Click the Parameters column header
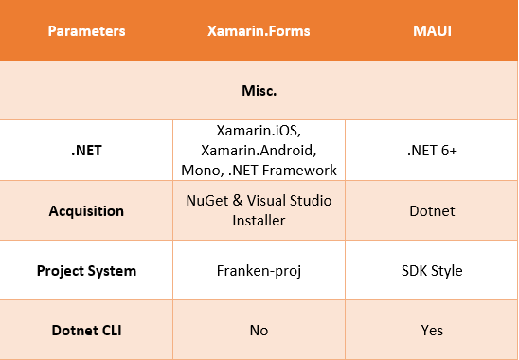click(86, 31)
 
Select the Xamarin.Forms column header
click(259, 31)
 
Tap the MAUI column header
click(432, 31)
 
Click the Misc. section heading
click(259, 91)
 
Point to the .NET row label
click(86, 150)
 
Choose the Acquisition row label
click(86, 210)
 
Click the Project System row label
click(86, 270)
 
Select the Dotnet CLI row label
click(86, 330)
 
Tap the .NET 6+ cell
click(432, 150)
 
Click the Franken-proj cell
click(259, 270)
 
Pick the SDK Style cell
click(432, 270)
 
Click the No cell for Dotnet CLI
click(259, 330)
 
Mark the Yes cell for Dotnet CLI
click(432, 330)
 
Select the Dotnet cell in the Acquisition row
click(432, 210)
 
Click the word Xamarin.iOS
click(258, 131)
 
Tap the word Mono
click(199, 170)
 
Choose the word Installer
click(259, 220)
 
